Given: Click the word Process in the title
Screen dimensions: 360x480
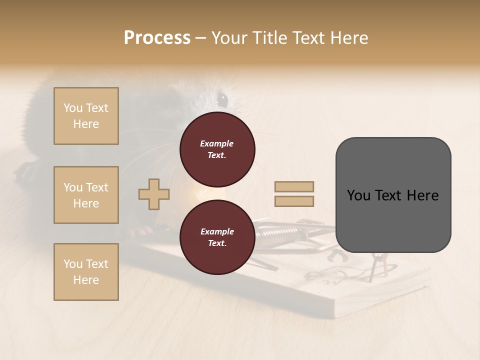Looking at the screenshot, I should point(157,38).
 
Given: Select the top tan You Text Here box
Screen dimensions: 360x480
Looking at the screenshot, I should point(86,116).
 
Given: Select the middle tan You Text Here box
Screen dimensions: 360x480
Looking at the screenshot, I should point(86,195).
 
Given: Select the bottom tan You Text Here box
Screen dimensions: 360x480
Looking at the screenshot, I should point(86,272).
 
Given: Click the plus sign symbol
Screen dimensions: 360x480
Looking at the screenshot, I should point(154,194).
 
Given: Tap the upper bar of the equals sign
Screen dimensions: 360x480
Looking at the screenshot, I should point(294,186).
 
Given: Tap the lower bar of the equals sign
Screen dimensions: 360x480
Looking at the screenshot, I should point(294,201).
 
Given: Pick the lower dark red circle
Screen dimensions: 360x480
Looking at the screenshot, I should point(217,237).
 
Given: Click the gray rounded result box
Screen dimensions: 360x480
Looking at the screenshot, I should point(393,195).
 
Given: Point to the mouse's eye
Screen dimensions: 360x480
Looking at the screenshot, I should point(223,98).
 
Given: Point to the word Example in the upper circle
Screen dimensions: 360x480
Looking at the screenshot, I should point(216,143).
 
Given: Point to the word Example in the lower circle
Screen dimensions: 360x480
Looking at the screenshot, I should point(217,231).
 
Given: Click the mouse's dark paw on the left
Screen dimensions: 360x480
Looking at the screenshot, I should point(25,172).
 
